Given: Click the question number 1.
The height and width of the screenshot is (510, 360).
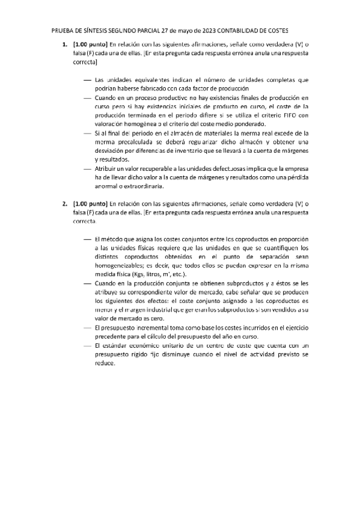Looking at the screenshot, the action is pos(64,44).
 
